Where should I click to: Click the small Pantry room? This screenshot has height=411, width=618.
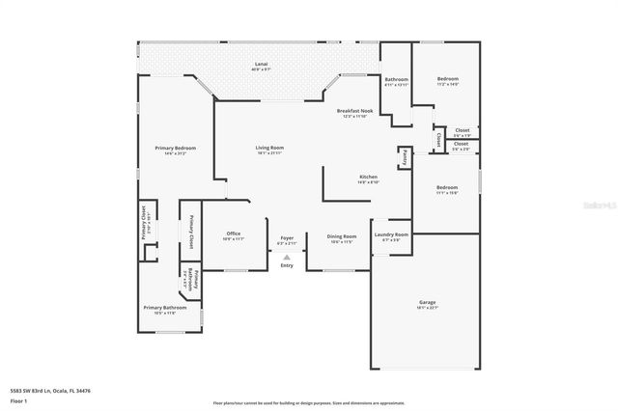click(404, 158)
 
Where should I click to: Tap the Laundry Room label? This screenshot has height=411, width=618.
click(391, 236)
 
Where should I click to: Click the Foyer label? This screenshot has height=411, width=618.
click(287, 238)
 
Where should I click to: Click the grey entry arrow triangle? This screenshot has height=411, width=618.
click(287, 257)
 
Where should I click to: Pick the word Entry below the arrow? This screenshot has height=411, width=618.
click(287, 265)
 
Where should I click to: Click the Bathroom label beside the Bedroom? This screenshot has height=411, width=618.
click(397, 81)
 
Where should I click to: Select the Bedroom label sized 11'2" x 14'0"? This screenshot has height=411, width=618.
click(447, 81)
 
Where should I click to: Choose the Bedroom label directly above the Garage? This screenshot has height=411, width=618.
click(446, 189)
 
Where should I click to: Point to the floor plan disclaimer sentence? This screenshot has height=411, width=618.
click(308, 402)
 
